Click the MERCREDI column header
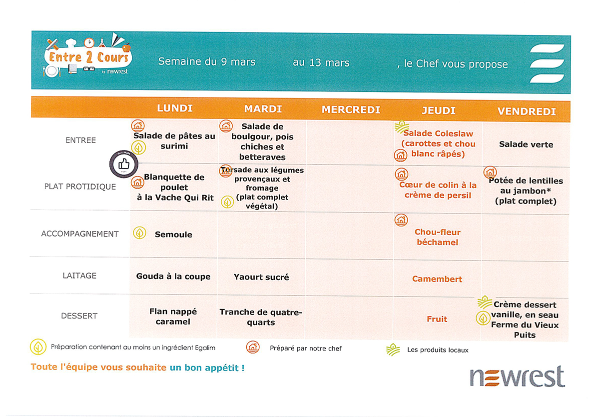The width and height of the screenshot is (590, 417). [x=351, y=109]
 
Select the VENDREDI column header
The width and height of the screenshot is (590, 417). [x=527, y=111]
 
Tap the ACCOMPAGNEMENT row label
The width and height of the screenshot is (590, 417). [x=80, y=233]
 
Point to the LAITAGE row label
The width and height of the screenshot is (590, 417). [x=79, y=275]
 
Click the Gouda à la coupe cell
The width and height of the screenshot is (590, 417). [x=173, y=276]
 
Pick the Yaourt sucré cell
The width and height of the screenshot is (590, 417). [x=261, y=277]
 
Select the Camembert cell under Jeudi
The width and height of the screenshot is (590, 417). [x=437, y=279]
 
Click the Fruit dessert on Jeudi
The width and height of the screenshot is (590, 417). [x=437, y=319]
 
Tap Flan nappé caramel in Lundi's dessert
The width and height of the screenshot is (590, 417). [x=173, y=316]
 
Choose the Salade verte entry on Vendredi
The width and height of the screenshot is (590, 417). [x=526, y=144]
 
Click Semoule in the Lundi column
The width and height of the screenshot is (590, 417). [x=173, y=234]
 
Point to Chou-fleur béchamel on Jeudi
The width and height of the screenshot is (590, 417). [x=437, y=237]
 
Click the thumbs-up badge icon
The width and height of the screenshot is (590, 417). [x=123, y=164]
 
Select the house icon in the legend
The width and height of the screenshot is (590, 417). [x=253, y=347]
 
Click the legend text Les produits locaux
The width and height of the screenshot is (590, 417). [x=438, y=350]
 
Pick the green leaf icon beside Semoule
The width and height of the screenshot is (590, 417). [x=139, y=232]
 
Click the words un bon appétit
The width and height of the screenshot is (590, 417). [x=207, y=368]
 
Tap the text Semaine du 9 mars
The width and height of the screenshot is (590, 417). [x=207, y=62]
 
